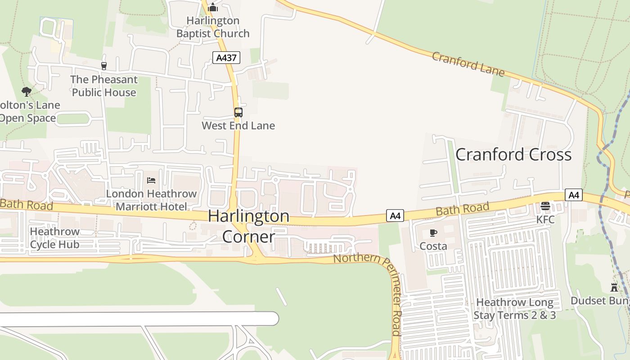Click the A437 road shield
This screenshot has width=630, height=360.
[x=226, y=58]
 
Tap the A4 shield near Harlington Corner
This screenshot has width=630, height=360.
[x=395, y=216]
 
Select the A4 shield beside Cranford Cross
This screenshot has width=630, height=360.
[x=574, y=195]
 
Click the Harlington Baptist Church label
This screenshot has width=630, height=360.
[x=213, y=27]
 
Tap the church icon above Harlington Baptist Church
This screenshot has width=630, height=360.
[x=213, y=8]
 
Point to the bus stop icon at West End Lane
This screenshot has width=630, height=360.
[x=238, y=112]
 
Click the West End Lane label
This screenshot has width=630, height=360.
[x=238, y=126]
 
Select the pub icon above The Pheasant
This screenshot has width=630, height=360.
[x=104, y=66]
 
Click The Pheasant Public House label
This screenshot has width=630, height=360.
[x=104, y=86]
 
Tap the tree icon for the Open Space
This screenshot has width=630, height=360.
[x=27, y=92]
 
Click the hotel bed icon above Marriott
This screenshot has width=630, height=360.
[x=151, y=180]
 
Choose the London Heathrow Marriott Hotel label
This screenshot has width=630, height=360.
[x=151, y=200]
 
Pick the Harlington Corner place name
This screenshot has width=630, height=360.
[x=249, y=226]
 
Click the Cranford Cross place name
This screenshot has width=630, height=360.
[x=513, y=155]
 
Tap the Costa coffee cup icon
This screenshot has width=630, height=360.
[x=433, y=233]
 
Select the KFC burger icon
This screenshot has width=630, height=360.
[x=545, y=207]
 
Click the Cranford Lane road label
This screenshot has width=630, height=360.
[x=468, y=64]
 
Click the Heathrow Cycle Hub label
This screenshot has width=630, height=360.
[x=54, y=238]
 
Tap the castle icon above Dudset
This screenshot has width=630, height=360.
[x=614, y=287]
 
